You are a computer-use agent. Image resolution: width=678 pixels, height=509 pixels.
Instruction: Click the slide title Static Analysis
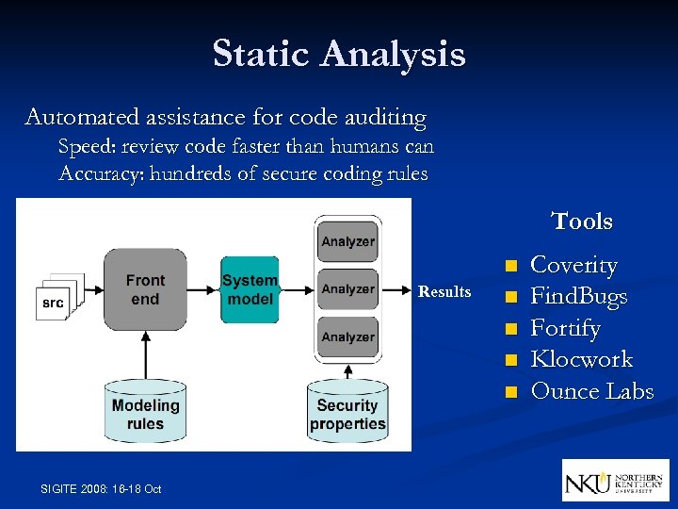[339, 54]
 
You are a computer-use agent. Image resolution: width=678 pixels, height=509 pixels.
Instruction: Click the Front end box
[145, 289]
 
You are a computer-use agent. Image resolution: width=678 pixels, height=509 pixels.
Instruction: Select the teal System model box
[250, 289]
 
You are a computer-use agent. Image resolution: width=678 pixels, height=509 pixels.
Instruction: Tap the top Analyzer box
[347, 241]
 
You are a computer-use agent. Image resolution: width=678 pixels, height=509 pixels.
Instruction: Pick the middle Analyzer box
[347, 289]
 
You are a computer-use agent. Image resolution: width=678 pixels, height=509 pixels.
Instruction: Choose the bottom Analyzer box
[347, 337]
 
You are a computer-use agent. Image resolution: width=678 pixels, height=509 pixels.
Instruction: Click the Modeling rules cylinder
[145, 412]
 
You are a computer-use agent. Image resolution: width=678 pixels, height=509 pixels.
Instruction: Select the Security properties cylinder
[347, 412]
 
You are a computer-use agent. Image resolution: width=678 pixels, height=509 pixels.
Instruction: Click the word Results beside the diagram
[444, 292]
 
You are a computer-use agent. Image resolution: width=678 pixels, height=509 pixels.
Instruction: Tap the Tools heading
[582, 222]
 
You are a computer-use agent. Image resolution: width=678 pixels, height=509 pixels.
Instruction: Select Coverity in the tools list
[574, 266]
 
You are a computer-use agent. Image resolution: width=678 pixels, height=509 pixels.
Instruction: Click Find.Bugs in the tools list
[579, 297]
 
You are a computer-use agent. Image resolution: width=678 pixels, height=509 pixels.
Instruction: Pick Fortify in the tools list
[566, 328]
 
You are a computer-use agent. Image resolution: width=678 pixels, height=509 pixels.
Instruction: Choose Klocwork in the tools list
[582, 359]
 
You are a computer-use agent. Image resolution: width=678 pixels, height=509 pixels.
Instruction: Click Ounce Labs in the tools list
[592, 391]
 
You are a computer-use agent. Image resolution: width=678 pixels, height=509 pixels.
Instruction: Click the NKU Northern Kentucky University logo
[616, 480]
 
